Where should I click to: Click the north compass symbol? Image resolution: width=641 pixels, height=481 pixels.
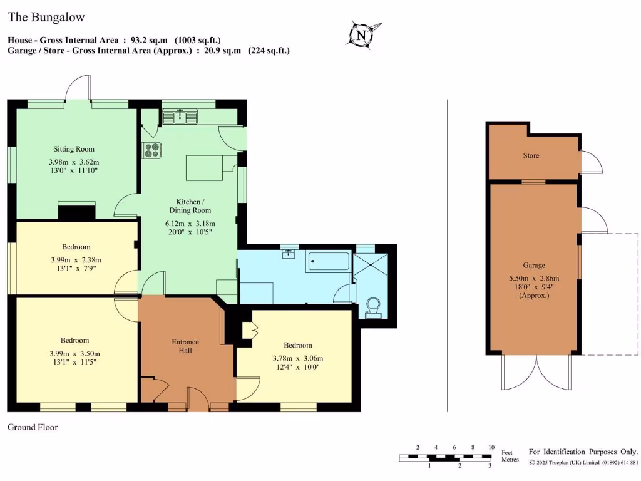click(361, 35)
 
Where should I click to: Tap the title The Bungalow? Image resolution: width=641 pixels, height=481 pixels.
click(46, 18)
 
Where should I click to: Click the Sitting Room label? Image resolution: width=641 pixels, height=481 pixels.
click(74, 149)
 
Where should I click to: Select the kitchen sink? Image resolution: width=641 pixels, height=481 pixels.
click(180, 116)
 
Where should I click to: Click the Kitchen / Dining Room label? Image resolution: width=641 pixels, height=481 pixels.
click(189, 206)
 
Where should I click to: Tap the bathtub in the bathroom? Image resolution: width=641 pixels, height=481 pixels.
click(328, 262)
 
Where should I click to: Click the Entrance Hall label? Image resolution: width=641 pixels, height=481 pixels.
click(185, 346)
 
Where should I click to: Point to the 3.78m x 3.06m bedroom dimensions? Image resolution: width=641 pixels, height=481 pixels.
click(298, 358)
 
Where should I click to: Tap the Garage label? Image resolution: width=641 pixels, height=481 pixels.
click(535, 266)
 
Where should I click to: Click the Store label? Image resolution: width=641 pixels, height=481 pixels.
click(531, 155)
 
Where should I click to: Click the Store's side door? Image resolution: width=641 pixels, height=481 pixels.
click(592, 162)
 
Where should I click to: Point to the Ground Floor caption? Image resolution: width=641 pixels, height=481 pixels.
click(33, 427)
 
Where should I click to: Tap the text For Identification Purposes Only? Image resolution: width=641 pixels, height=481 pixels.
click(583, 452)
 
